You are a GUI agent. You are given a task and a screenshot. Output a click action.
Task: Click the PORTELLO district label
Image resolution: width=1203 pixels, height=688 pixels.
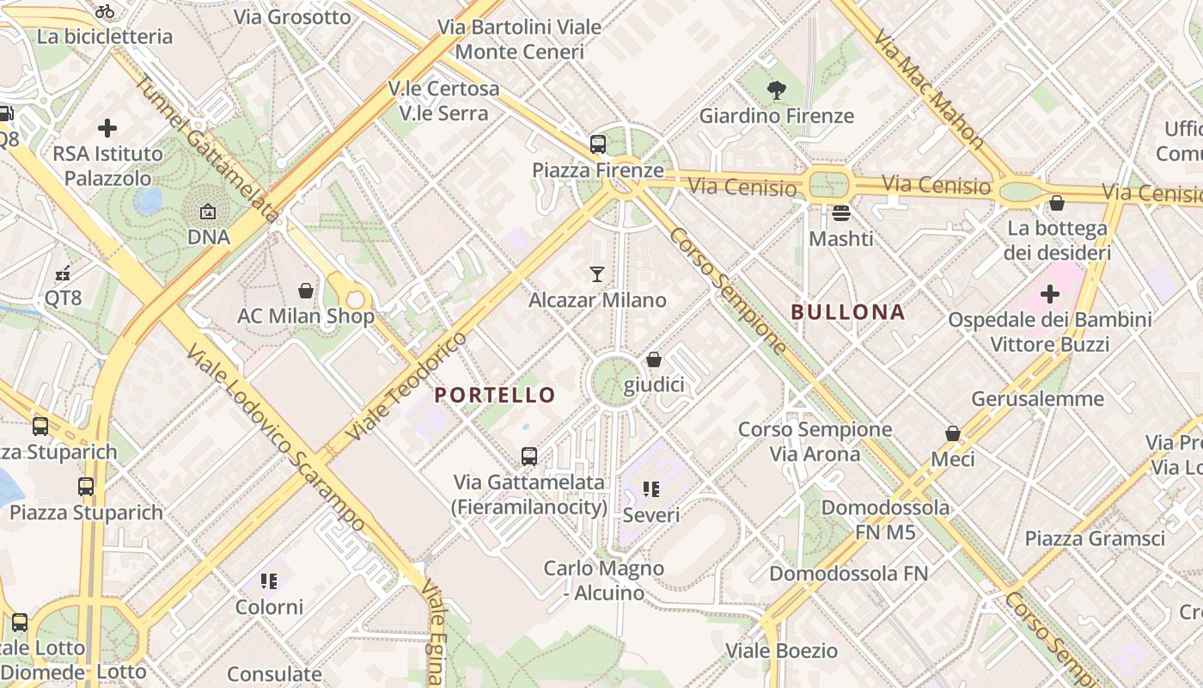click(x=495, y=395)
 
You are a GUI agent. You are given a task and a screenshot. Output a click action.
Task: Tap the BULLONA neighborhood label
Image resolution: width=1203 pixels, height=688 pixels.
click(x=848, y=312)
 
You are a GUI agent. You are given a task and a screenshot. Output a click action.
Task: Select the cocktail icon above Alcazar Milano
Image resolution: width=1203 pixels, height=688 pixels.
click(x=597, y=274)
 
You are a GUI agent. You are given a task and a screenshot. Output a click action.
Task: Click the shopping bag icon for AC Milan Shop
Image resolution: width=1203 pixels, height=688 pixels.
click(x=305, y=291)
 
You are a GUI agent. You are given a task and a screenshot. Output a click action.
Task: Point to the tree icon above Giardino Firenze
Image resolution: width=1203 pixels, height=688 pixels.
click(x=777, y=89)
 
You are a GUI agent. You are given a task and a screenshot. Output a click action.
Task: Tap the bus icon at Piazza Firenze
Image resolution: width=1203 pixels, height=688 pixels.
click(x=598, y=144)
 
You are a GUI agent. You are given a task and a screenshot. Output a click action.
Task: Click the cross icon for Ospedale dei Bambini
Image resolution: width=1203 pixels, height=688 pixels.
click(x=1049, y=294)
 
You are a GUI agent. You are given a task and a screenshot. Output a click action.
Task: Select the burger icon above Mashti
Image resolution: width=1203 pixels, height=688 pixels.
click(x=840, y=212)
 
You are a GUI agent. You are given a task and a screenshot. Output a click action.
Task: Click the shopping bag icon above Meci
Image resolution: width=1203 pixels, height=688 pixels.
click(x=952, y=433)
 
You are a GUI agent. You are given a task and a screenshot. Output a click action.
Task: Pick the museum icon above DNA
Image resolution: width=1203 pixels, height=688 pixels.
click(x=208, y=211)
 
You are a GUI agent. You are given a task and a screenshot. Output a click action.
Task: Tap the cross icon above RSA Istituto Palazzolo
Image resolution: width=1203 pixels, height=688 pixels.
click(x=107, y=128)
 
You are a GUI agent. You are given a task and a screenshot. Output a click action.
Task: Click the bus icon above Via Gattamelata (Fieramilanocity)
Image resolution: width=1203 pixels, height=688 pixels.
click(x=529, y=457)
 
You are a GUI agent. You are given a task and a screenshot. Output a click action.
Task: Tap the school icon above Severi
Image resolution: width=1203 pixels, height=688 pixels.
click(x=651, y=489)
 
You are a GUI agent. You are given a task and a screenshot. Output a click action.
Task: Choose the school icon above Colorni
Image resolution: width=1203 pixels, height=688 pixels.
click(x=270, y=581)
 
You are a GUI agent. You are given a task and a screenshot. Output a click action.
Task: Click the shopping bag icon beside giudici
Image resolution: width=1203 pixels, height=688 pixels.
click(x=654, y=359)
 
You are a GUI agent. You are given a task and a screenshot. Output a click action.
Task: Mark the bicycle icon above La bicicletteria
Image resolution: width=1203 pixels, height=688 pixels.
click(x=105, y=11)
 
